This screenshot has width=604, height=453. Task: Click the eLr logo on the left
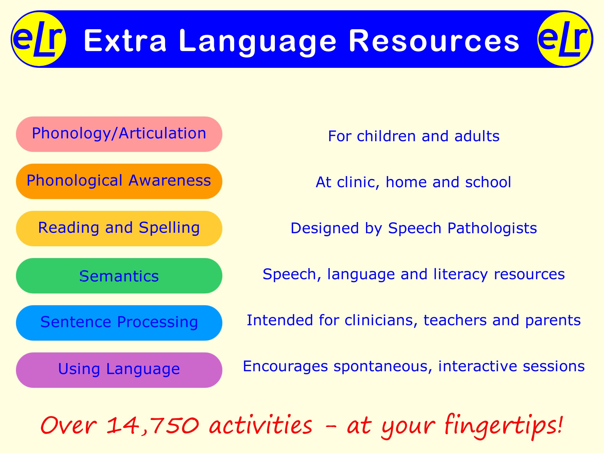pyautogui.click(x=38, y=39)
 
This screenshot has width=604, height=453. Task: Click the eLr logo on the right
pyautogui.click(x=565, y=39)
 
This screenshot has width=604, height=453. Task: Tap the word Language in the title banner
pyautogui.click(x=257, y=41)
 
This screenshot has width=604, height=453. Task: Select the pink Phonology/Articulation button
pyautogui.click(x=119, y=134)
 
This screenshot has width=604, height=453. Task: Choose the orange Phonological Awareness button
pyautogui.click(x=119, y=181)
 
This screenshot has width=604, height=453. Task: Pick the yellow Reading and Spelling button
pyautogui.click(x=119, y=229)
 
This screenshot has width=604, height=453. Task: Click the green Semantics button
pyautogui.click(x=119, y=276)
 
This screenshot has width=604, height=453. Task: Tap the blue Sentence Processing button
pyautogui.click(x=119, y=323)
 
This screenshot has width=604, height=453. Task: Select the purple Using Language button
pyautogui.click(x=119, y=370)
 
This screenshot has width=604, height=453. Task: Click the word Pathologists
pyautogui.click(x=492, y=228)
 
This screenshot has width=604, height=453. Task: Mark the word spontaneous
pyautogui.click(x=383, y=367)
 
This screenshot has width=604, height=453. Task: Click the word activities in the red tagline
pyautogui.click(x=261, y=425)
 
